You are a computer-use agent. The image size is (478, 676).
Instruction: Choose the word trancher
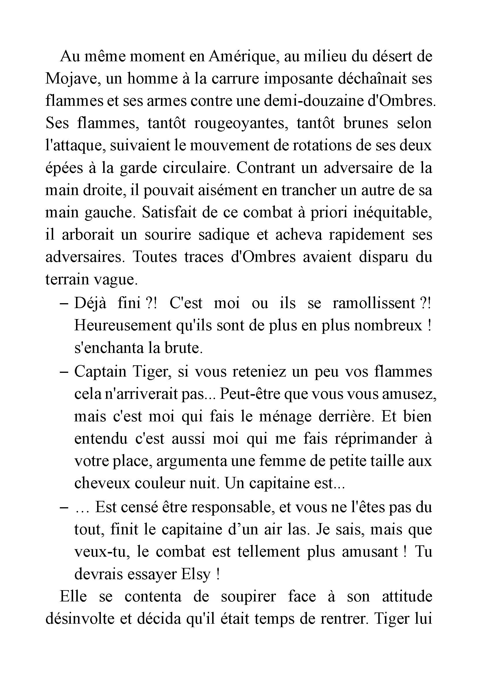[x=308, y=190]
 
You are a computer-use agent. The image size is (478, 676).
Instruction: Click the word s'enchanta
[x=108, y=348]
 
